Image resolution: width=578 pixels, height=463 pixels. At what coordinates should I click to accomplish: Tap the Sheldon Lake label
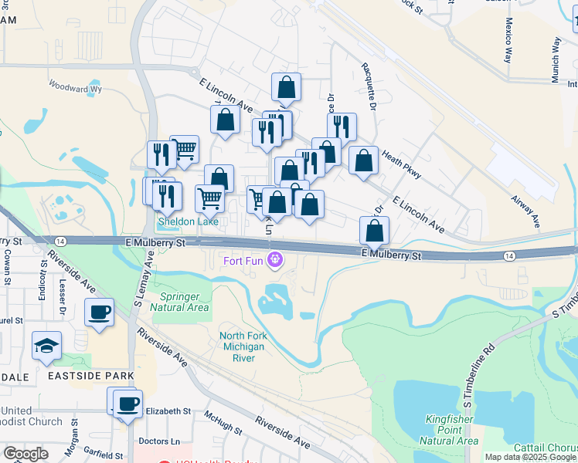[188, 222]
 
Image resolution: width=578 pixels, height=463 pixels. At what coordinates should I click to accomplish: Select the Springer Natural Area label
[184, 302]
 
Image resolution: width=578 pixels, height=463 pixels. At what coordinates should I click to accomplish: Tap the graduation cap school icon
[47, 345]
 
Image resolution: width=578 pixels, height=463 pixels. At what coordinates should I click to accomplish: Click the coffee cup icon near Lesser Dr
[99, 313]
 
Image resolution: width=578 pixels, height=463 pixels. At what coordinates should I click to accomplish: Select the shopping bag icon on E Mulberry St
[374, 230]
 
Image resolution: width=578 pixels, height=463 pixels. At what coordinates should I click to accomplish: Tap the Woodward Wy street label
[75, 89]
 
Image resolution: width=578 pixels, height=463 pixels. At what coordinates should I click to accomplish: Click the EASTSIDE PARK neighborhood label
[90, 376]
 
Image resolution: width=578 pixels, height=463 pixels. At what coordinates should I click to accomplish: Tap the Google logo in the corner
[25, 453]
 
